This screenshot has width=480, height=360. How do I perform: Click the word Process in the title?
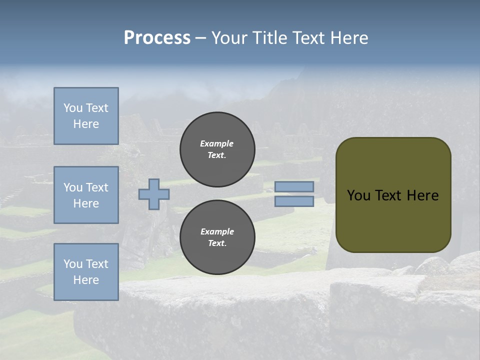pos(157,38)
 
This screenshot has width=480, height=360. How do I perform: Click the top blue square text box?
pos(86,116)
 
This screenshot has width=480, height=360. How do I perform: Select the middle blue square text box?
pos(86,195)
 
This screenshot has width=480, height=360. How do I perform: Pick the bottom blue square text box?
pos(86,272)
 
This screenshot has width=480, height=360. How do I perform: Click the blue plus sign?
pos(154,194)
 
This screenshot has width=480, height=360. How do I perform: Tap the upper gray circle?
pos(217,149)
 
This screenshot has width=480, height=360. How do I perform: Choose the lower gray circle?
pos(217,237)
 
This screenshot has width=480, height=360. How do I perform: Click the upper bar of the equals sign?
pos(294,186)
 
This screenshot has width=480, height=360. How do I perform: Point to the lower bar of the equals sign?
pos(294,201)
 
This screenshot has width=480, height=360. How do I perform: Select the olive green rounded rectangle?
pos(393,195)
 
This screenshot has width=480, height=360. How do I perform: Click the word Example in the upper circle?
pos(217,143)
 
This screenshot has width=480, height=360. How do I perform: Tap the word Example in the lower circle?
pos(217,231)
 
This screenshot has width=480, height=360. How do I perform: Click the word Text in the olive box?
pos(389,195)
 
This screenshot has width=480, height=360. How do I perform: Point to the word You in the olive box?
pos(358,195)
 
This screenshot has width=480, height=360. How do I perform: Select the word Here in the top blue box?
pos(86,124)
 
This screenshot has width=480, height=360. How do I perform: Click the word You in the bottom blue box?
pos(73,264)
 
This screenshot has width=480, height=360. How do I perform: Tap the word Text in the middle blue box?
pos(97,187)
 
